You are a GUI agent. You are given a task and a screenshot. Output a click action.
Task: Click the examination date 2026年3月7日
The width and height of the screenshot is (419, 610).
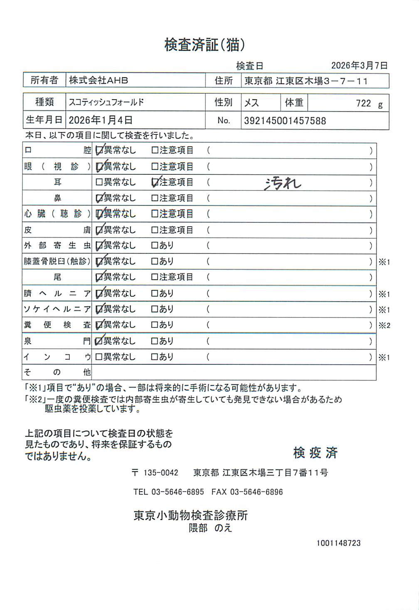359,66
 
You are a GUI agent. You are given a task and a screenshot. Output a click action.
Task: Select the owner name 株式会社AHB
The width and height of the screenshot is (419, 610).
99,81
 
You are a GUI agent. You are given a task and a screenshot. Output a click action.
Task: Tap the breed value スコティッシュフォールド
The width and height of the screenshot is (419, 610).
106,102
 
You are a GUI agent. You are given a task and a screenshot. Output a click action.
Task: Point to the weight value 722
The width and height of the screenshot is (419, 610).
363,103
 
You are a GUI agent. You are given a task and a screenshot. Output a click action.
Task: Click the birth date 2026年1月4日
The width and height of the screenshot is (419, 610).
101,120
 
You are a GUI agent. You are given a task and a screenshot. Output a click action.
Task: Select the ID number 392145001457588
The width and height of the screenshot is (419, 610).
285,121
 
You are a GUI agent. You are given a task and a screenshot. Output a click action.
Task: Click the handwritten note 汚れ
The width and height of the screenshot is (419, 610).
283,183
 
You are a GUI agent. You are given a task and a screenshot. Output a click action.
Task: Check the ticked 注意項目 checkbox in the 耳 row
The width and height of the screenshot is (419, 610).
155,182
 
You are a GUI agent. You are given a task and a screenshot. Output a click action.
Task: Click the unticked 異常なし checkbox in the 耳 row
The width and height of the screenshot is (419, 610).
99,182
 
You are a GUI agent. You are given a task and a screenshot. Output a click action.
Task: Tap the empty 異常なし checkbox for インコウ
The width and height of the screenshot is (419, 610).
99,357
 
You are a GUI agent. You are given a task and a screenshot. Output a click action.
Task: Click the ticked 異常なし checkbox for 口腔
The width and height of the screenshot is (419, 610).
99,151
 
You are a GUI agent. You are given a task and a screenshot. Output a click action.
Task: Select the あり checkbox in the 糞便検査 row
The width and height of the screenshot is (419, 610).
155,325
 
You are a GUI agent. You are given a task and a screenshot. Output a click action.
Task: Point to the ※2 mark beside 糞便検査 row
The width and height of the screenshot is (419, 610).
384,326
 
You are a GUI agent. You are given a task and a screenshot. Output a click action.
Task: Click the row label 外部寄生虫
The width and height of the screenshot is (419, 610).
57,246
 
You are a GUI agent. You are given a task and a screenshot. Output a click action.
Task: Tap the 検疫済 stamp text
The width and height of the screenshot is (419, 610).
315,453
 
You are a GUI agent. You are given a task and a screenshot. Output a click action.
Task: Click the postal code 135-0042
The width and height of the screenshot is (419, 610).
160,473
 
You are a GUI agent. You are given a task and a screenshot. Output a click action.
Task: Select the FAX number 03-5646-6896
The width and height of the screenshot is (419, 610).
256,492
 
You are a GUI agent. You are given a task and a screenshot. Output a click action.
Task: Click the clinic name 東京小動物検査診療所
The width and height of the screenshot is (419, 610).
191,515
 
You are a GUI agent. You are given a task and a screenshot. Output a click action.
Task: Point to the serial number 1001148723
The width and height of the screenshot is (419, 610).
338,543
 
